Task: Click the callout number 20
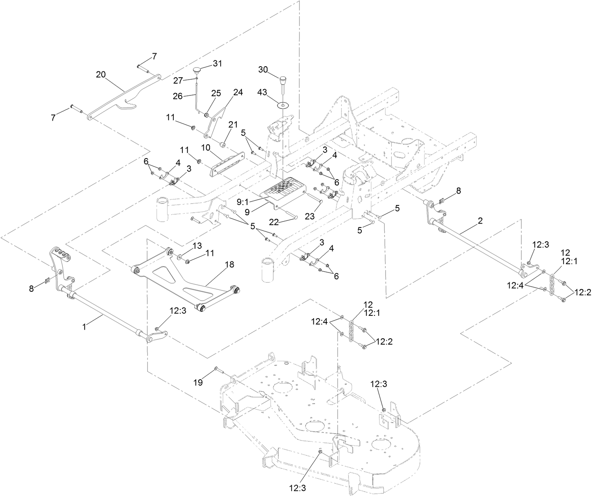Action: point(101,75)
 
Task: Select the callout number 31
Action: point(218,63)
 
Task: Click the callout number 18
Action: point(229,265)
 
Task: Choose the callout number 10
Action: point(206,147)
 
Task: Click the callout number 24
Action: point(238,92)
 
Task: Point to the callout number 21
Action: point(233,125)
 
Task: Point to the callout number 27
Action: point(178,81)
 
